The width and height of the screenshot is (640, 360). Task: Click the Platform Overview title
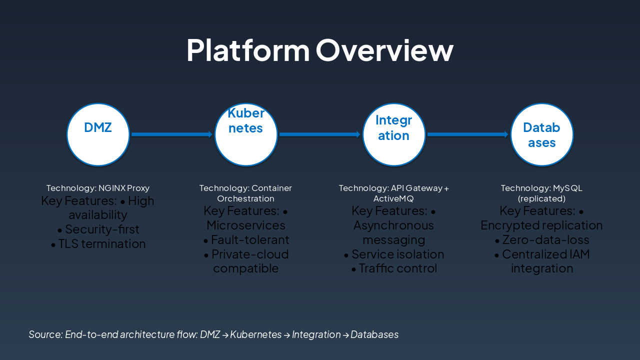[319, 50]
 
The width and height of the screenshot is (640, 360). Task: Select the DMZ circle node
[98, 134]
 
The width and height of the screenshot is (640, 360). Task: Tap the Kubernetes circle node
[246, 134]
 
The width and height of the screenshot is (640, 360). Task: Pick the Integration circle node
[394, 134]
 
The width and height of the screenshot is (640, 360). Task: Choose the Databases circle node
[541, 134]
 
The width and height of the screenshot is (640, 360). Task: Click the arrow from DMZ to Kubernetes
[171, 134]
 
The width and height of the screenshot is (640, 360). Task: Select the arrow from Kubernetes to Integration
[319, 134]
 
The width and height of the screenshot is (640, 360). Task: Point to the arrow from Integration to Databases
[467, 134]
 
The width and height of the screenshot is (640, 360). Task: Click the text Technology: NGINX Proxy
[98, 188]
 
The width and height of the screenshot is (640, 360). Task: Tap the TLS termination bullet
[101, 244]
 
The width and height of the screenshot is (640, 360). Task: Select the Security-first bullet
[101, 229]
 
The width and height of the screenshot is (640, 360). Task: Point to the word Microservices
[246, 225]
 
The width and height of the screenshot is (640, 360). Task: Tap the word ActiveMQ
[394, 198]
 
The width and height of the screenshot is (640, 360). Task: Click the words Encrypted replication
[541, 225]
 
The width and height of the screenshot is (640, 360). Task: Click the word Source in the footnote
[45, 334]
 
